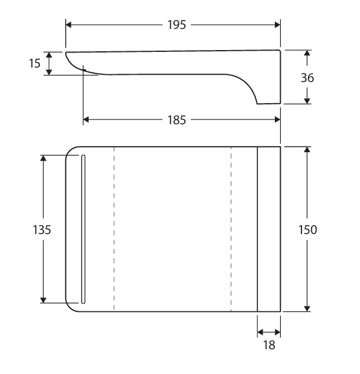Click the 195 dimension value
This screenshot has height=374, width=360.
point(176,25)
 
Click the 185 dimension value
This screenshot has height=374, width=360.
point(176,120)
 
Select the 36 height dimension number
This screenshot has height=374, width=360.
point(307,78)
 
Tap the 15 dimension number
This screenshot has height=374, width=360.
point(34,63)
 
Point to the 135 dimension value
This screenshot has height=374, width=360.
point(42,230)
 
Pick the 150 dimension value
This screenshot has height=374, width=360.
point(307,230)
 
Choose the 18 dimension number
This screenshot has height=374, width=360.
point(269,345)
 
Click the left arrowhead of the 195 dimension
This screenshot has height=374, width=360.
point(69,25)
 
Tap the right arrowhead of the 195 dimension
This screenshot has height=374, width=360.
point(277,25)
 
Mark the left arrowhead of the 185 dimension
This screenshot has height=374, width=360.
point(86,119)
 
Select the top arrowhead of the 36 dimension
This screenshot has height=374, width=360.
point(307,53)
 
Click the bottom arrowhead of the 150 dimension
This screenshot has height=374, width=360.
point(307,308)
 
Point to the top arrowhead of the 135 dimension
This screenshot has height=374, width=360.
point(43,158)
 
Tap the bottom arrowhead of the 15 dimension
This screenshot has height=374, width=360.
point(49,72)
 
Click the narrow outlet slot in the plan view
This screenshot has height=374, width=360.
point(83,229)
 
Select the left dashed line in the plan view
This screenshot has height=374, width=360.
point(114,229)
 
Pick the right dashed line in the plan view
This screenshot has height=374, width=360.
point(231,229)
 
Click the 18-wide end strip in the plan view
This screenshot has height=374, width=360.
point(269,229)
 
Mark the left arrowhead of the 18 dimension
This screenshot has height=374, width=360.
point(260,332)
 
